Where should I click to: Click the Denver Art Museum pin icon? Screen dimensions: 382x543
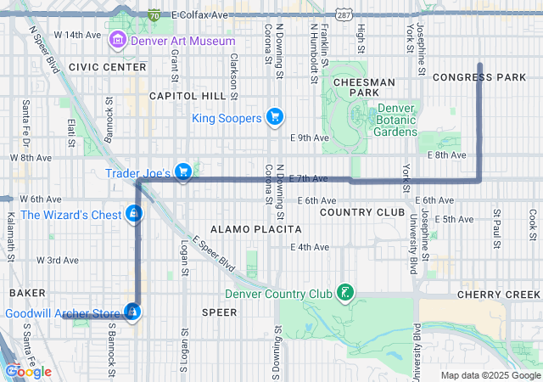(x=118, y=41)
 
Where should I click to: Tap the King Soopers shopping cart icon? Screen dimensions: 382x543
(x=274, y=117)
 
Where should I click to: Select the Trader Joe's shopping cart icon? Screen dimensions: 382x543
(x=182, y=172)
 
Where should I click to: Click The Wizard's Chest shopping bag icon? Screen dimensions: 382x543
(x=132, y=215)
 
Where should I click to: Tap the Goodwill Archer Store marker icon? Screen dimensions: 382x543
(x=132, y=313)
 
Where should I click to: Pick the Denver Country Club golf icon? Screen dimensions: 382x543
(x=345, y=294)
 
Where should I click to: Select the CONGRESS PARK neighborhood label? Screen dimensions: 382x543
(x=479, y=77)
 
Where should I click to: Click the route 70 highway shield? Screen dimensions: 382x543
(x=154, y=15)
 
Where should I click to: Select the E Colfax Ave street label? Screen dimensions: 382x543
(x=199, y=15)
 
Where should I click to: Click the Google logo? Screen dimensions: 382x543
(x=29, y=371)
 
